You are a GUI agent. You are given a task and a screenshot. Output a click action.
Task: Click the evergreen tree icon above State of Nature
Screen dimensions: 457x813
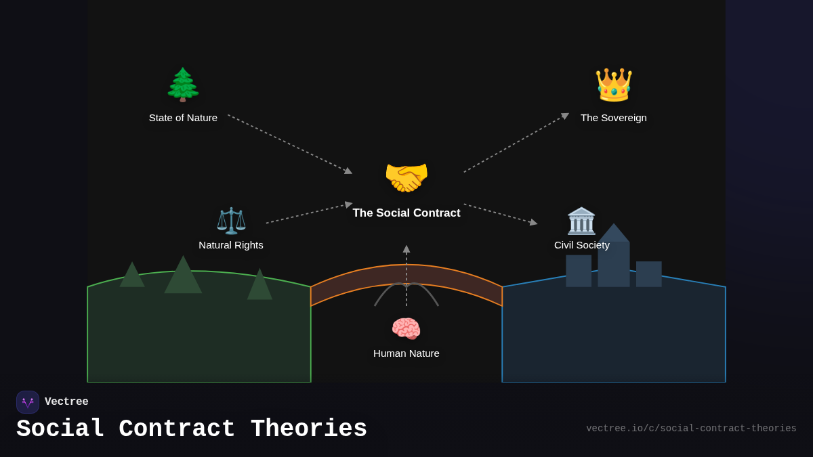click(183, 85)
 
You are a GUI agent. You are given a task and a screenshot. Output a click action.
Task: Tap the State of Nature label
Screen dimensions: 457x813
click(183, 118)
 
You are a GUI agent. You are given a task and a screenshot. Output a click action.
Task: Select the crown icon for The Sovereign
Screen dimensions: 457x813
click(614, 85)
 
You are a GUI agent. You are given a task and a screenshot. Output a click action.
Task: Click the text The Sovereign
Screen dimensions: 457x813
click(614, 118)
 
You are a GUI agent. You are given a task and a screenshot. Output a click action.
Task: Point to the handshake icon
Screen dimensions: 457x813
click(406, 177)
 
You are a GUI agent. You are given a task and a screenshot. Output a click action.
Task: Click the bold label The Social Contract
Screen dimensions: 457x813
click(406, 213)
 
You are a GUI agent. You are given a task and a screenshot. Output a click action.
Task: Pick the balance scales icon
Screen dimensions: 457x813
click(231, 221)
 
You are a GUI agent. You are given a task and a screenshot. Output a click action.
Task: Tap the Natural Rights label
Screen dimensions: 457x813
click(231, 245)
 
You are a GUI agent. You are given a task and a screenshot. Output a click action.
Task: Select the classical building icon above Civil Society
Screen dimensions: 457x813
click(581, 221)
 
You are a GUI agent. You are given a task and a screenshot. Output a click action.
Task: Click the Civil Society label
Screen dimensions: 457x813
click(582, 245)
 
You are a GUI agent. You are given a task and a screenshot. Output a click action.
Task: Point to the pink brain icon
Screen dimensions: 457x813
click(406, 329)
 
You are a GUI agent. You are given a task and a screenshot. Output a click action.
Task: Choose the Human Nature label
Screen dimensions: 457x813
click(406, 353)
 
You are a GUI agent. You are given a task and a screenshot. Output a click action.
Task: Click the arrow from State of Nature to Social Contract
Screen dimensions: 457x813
click(290, 144)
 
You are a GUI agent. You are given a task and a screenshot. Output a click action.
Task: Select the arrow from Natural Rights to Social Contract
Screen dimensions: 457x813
click(309, 213)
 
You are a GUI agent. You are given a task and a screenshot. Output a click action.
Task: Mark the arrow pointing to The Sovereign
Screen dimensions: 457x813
click(516, 143)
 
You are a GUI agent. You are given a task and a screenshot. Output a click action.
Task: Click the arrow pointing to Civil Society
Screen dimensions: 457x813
click(501, 213)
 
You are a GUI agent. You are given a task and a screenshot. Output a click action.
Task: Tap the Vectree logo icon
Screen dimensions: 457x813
click(28, 402)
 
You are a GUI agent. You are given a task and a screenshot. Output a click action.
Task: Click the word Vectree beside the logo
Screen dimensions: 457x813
click(66, 402)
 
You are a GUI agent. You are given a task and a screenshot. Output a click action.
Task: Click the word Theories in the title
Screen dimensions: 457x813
click(309, 429)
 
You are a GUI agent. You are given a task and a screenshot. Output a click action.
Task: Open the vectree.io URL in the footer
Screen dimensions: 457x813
click(691, 429)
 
